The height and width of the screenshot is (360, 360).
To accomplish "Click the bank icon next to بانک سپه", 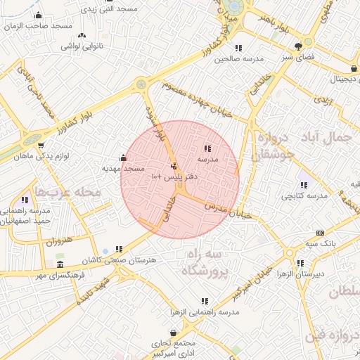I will [x=321, y=233].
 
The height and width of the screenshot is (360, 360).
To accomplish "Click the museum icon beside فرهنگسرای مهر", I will [x=60, y=265].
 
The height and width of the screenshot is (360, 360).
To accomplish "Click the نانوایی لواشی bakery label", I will [x=82, y=45].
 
